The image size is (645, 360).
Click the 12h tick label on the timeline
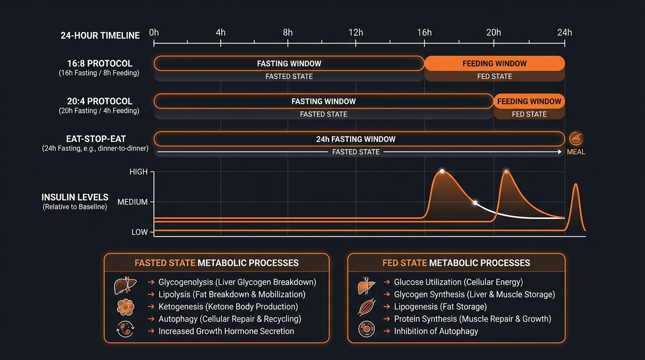[x=355, y=32]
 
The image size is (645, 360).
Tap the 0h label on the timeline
[x=154, y=32]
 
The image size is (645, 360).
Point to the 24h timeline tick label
[x=564, y=32]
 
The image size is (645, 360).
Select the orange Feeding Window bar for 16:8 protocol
[x=494, y=64]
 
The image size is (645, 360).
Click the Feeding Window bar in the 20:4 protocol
[x=529, y=101]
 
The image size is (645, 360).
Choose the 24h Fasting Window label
[x=356, y=139]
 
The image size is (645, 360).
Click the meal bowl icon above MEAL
[x=576, y=139]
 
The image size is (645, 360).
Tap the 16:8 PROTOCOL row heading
[x=99, y=64]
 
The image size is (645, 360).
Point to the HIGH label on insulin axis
[x=138, y=172]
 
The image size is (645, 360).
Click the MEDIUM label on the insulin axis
[x=132, y=202]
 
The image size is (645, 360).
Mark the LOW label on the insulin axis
[x=139, y=232]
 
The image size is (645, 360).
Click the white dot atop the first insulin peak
[x=442, y=171]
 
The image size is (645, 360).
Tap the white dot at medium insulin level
[x=475, y=203]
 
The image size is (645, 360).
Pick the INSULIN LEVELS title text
[x=75, y=197]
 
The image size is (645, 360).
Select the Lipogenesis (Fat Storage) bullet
[x=440, y=307]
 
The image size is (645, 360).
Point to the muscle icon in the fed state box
[x=367, y=307]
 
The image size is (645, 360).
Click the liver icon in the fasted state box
[x=125, y=285]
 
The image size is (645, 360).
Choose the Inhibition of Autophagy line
[x=436, y=331]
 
